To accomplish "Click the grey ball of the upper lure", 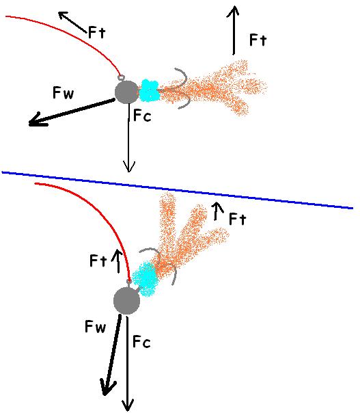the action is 126,92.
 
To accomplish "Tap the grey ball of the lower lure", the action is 126,301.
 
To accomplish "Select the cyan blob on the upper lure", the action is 149,91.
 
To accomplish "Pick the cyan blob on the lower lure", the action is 145,279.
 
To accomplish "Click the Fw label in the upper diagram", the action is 63,93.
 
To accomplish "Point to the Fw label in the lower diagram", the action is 95,327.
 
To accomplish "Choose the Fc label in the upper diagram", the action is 142,116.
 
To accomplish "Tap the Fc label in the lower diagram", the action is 141,342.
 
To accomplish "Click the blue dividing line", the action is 177,189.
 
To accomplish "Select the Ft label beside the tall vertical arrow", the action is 258,40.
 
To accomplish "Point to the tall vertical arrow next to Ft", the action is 233,30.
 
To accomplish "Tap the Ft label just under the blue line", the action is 238,219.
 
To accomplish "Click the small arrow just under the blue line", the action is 217,211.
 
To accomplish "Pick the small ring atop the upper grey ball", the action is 121,78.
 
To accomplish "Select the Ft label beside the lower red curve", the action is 98,261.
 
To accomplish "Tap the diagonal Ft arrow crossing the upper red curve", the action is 72,23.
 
